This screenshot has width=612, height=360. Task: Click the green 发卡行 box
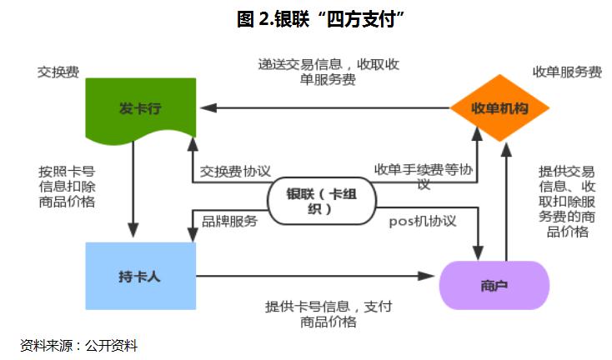139,108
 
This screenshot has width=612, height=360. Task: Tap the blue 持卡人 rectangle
139,276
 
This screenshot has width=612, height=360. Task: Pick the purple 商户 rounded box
494,285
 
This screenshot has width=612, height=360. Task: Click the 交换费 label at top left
58,72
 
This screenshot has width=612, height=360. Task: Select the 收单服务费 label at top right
567,72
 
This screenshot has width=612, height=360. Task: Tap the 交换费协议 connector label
236,171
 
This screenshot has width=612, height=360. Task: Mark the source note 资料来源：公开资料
78,344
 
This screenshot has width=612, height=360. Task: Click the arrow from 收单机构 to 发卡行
325,108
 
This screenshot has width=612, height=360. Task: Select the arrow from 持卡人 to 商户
317,276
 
